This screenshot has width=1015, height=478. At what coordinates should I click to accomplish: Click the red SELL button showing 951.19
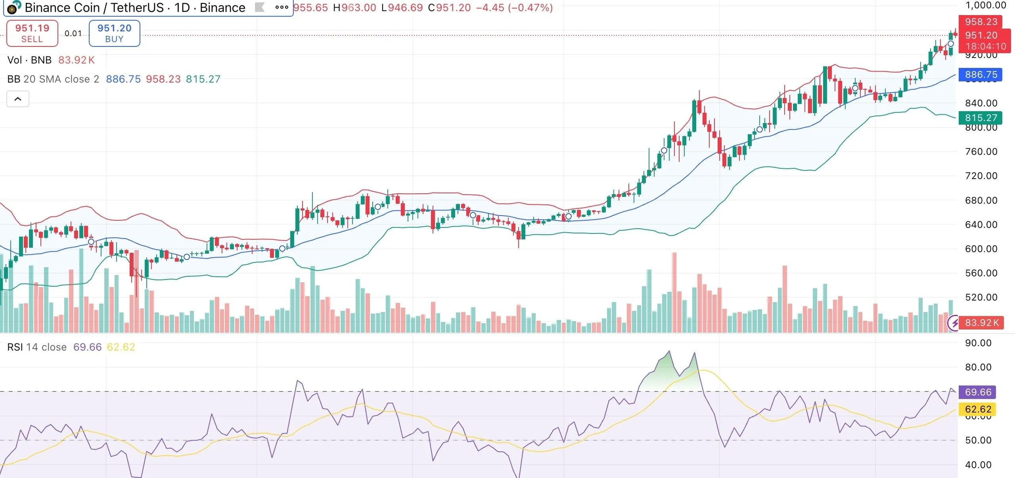point(32,33)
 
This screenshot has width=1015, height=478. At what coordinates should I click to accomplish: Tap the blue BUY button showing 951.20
point(114,33)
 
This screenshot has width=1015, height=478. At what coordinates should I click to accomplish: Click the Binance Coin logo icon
point(13,8)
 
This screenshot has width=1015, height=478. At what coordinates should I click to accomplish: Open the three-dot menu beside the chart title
point(282,7)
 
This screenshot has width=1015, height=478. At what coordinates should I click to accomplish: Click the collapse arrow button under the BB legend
point(18,99)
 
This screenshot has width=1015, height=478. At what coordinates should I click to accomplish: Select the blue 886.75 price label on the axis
point(981,75)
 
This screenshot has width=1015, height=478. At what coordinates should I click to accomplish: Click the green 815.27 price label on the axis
point(981,118)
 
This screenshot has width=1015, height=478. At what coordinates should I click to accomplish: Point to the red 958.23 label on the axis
point(981,22)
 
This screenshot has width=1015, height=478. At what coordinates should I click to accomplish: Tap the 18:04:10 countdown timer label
point(985,46)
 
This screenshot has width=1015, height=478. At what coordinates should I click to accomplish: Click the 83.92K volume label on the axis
point(981,323)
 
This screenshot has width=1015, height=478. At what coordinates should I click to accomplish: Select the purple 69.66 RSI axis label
point(978,392)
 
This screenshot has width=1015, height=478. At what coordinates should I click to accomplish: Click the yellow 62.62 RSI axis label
point(978,409)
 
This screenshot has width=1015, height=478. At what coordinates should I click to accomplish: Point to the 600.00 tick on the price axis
point(981,249)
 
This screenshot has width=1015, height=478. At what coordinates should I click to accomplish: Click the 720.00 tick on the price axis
point(981,176)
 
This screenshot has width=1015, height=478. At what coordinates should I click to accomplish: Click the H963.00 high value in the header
point(354,8)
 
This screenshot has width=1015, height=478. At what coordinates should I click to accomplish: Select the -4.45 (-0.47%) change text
point(514,8)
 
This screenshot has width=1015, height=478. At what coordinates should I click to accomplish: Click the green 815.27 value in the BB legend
point(203,79)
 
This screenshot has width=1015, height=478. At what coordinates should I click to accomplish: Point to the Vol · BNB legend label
point(29,60)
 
